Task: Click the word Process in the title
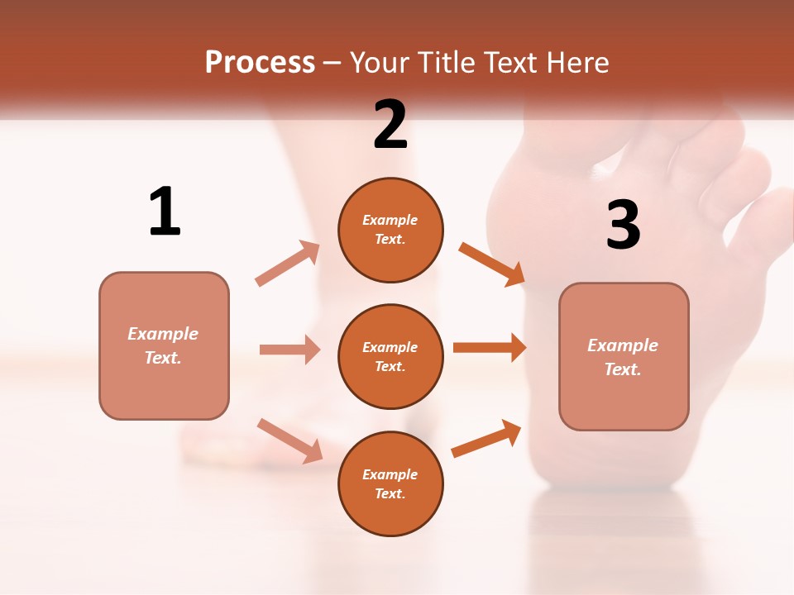(x=260, y=63)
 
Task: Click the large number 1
(x=165, y=212)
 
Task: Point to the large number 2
(x=390, y=125)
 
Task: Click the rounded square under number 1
(x=164, y=345)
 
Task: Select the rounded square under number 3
(x=624, y=356)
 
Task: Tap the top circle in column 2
(x=390, y=230)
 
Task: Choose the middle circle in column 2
(x=390, y=356)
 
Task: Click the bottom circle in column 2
(x=390, y=483)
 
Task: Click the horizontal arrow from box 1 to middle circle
(x=289, y=350)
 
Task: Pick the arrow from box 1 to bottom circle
(x=289, y=440)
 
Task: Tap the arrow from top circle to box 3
(x=492, y=264)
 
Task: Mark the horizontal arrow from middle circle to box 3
(x=490, y=348)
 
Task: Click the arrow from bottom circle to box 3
(x=486, y=438)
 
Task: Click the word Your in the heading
(x=383, y=63)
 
